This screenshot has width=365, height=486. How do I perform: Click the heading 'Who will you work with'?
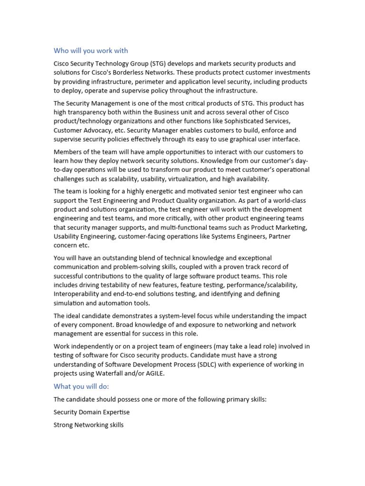(x=90, y=51)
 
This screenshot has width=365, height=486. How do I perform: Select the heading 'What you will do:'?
(x=81, y=386)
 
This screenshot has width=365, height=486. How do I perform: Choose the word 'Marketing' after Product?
(x=291, y=227)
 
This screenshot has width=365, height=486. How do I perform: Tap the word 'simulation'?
(x=70, y=303)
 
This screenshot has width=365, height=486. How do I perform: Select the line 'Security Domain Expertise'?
(x=91, y=412)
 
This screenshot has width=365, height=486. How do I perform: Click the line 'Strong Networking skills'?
(x=88, y=425)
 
